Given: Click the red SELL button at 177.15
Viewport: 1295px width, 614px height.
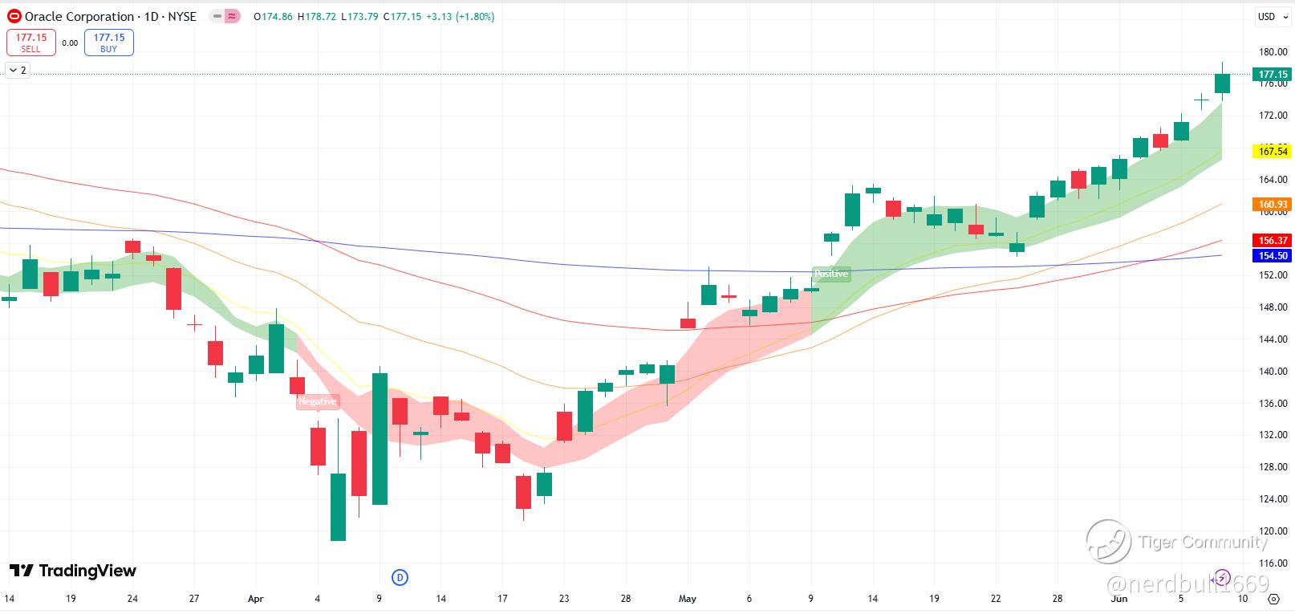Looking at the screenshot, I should tap(30, 43).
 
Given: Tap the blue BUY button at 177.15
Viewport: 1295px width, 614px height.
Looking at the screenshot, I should tap(108, 43).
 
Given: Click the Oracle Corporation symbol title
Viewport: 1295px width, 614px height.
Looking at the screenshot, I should tap(79, 16).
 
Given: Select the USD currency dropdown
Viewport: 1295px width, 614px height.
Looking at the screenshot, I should tap(1270, 17).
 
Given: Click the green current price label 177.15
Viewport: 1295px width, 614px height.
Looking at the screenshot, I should tap(1273, 75).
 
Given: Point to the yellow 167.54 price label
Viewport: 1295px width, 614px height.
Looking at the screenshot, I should tap(1273, 151).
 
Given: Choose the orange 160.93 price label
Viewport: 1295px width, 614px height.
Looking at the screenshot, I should tap(1273, 205).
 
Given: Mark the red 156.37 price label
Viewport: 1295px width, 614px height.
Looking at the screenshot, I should tap(1273, 240).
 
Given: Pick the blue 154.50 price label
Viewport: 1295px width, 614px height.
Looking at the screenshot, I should tap(1273, 255).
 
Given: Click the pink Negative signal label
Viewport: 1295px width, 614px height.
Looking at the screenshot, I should tap(318, 401).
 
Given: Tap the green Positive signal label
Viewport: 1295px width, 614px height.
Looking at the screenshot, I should tap(831, 274).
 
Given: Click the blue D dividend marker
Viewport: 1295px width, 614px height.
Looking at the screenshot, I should tap(400, 577).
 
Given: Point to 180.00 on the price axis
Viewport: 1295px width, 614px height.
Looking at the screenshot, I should tap(1273, 52).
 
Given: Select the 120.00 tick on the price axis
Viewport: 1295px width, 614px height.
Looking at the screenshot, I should tap(1273, 531).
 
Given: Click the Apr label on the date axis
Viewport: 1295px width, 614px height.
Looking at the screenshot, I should tap(256, 599).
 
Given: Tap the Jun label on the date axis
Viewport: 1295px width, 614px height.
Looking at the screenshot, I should tap(1119, 599).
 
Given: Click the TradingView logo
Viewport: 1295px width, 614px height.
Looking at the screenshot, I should tap(73, 571).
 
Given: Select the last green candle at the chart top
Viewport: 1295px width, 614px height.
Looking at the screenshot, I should tap(1222, 83).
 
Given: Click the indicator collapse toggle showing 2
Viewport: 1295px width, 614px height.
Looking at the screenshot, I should tap(17, 71).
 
